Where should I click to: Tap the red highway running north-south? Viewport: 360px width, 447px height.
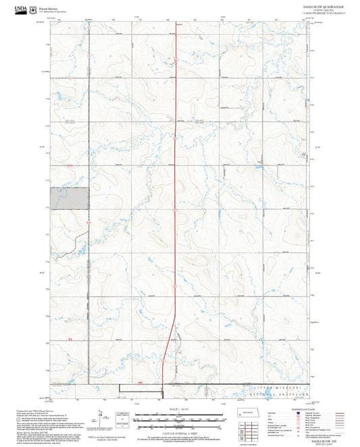click(176, 203)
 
